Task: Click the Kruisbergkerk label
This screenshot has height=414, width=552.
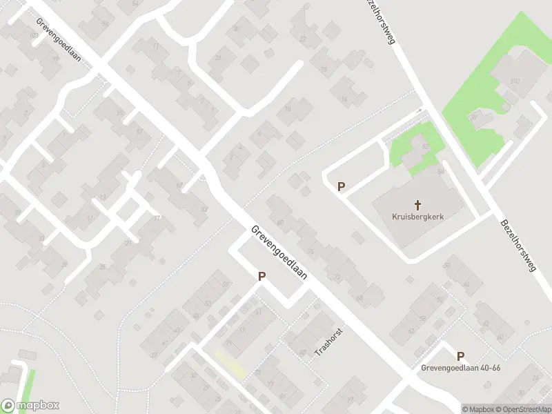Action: click(417, 217)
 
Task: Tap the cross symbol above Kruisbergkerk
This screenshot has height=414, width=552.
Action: click(417, 204)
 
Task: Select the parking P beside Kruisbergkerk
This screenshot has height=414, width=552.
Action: click(341, 186)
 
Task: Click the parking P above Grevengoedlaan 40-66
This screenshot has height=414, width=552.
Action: click(460, 356)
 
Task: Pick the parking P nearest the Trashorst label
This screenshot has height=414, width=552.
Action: click(262, 277)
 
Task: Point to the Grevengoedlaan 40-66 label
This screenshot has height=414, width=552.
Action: click(460, 368)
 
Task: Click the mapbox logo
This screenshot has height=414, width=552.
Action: click(30, 406)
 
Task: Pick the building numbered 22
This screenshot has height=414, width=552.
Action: click(302, 38)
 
